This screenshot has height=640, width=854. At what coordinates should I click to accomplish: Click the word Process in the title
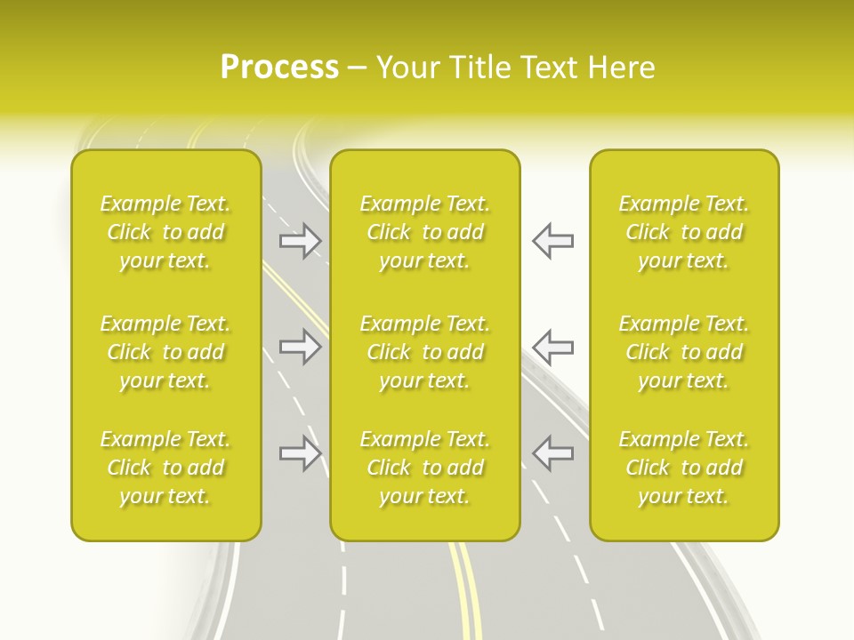click(279, 68)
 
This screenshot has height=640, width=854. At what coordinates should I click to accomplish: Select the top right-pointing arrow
click(301, 241)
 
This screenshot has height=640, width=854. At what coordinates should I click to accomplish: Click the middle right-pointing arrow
click(301, 347)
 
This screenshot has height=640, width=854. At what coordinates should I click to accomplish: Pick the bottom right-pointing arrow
click(301, 453)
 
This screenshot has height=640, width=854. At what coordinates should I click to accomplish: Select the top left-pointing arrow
click(552, 241)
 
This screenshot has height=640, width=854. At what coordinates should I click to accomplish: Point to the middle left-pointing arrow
click(552, 347)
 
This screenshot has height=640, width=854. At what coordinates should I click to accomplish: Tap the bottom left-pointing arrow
click(552, 453)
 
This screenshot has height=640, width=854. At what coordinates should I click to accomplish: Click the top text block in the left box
click(165, 232)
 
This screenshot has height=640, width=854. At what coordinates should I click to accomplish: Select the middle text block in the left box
click(165, 352)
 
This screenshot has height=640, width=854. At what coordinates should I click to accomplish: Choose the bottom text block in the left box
click(165, 468)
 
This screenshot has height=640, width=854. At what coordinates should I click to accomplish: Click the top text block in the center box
click(424, 232)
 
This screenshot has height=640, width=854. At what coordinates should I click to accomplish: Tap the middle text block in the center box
click(424, 352)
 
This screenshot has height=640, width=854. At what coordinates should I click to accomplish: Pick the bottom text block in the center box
click(424, 468)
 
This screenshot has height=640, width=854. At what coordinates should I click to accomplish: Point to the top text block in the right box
click(683, 232)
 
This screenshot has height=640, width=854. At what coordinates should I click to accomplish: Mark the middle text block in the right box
click(683, 352)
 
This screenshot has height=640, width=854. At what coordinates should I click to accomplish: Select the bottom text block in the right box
click(683, 468)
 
